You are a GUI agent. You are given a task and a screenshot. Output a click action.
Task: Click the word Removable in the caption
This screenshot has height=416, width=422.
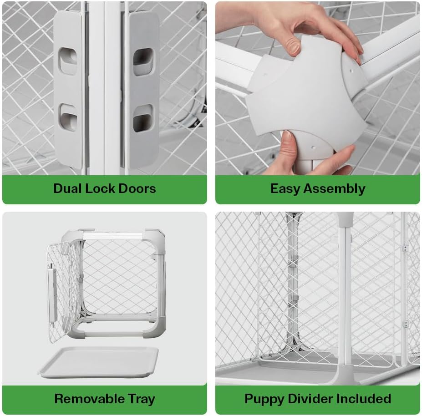pyautogui.click(x=88, y=399)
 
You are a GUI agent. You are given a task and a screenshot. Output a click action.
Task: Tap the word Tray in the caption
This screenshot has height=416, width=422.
pyautogui.click(x=141, y=399)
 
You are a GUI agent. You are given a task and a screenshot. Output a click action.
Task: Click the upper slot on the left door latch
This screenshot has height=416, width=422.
pyautogui.click(x=68, y=62)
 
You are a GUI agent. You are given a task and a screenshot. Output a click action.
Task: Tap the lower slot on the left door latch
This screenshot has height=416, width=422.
pyautogui.click(x=68, y=117)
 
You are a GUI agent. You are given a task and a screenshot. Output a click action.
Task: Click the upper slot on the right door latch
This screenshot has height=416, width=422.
pyautogui.click(x=143, y=62)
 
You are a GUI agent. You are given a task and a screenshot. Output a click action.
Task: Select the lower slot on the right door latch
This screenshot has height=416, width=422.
pyautogui.click(x=143, y=117)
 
